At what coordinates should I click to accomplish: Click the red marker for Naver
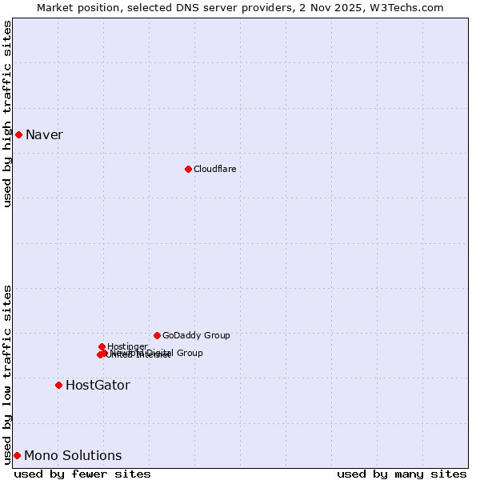(18, 134)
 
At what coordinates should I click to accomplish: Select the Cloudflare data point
(188, 169)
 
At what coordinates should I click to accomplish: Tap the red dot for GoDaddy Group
(157, 335)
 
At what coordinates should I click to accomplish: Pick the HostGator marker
(58, 385)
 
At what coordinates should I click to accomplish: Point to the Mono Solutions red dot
(17, 455)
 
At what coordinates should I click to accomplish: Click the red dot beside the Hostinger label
(102, 346)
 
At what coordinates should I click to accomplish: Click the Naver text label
(44, 134)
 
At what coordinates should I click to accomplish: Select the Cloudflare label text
(214, 169)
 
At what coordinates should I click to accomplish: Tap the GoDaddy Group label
(196, 335)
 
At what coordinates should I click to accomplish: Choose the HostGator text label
(98, 385)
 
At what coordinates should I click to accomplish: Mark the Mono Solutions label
(73, 455)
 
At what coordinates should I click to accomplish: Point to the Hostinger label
(128, 346)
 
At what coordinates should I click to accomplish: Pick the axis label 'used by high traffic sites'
(7, 114)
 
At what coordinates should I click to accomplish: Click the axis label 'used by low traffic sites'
(7, 374)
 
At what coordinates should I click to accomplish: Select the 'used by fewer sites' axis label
(82, 474)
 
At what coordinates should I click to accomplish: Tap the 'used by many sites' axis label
(402, 474)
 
